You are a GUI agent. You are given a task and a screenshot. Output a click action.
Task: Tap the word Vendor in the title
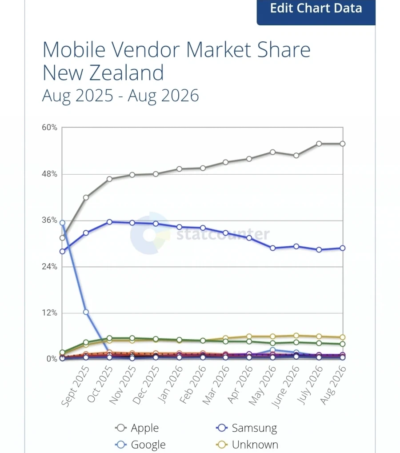coord(146,49)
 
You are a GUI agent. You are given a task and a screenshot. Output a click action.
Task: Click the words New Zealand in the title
coord(103,72)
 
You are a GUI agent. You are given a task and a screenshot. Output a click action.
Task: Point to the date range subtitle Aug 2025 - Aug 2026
coord(120,96)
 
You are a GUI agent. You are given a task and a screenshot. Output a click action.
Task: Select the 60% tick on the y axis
coord(49,128)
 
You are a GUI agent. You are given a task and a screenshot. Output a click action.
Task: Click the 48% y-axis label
coord(49,174)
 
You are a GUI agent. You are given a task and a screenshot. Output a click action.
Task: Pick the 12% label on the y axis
coord(49,313)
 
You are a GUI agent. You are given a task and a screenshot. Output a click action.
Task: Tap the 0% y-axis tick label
coord(52,359)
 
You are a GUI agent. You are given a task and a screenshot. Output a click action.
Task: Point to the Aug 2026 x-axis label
coord(333,385)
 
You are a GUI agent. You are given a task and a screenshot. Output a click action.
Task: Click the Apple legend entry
coord(137,428)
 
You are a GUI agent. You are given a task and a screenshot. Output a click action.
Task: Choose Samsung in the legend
coord(246,428)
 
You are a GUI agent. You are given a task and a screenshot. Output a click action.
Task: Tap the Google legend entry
coord(140,445)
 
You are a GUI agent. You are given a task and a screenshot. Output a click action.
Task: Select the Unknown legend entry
coord(247,445)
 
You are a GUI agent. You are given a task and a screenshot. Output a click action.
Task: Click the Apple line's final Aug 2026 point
coord(343,144)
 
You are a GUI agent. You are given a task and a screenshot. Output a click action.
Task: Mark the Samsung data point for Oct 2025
coord(109,222)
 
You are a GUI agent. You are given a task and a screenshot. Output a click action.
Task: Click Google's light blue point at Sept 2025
coord(86,312)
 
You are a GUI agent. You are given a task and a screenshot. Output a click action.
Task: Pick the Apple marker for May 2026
coord(272,152)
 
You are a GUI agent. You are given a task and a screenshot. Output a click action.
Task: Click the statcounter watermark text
coord(223,234)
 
